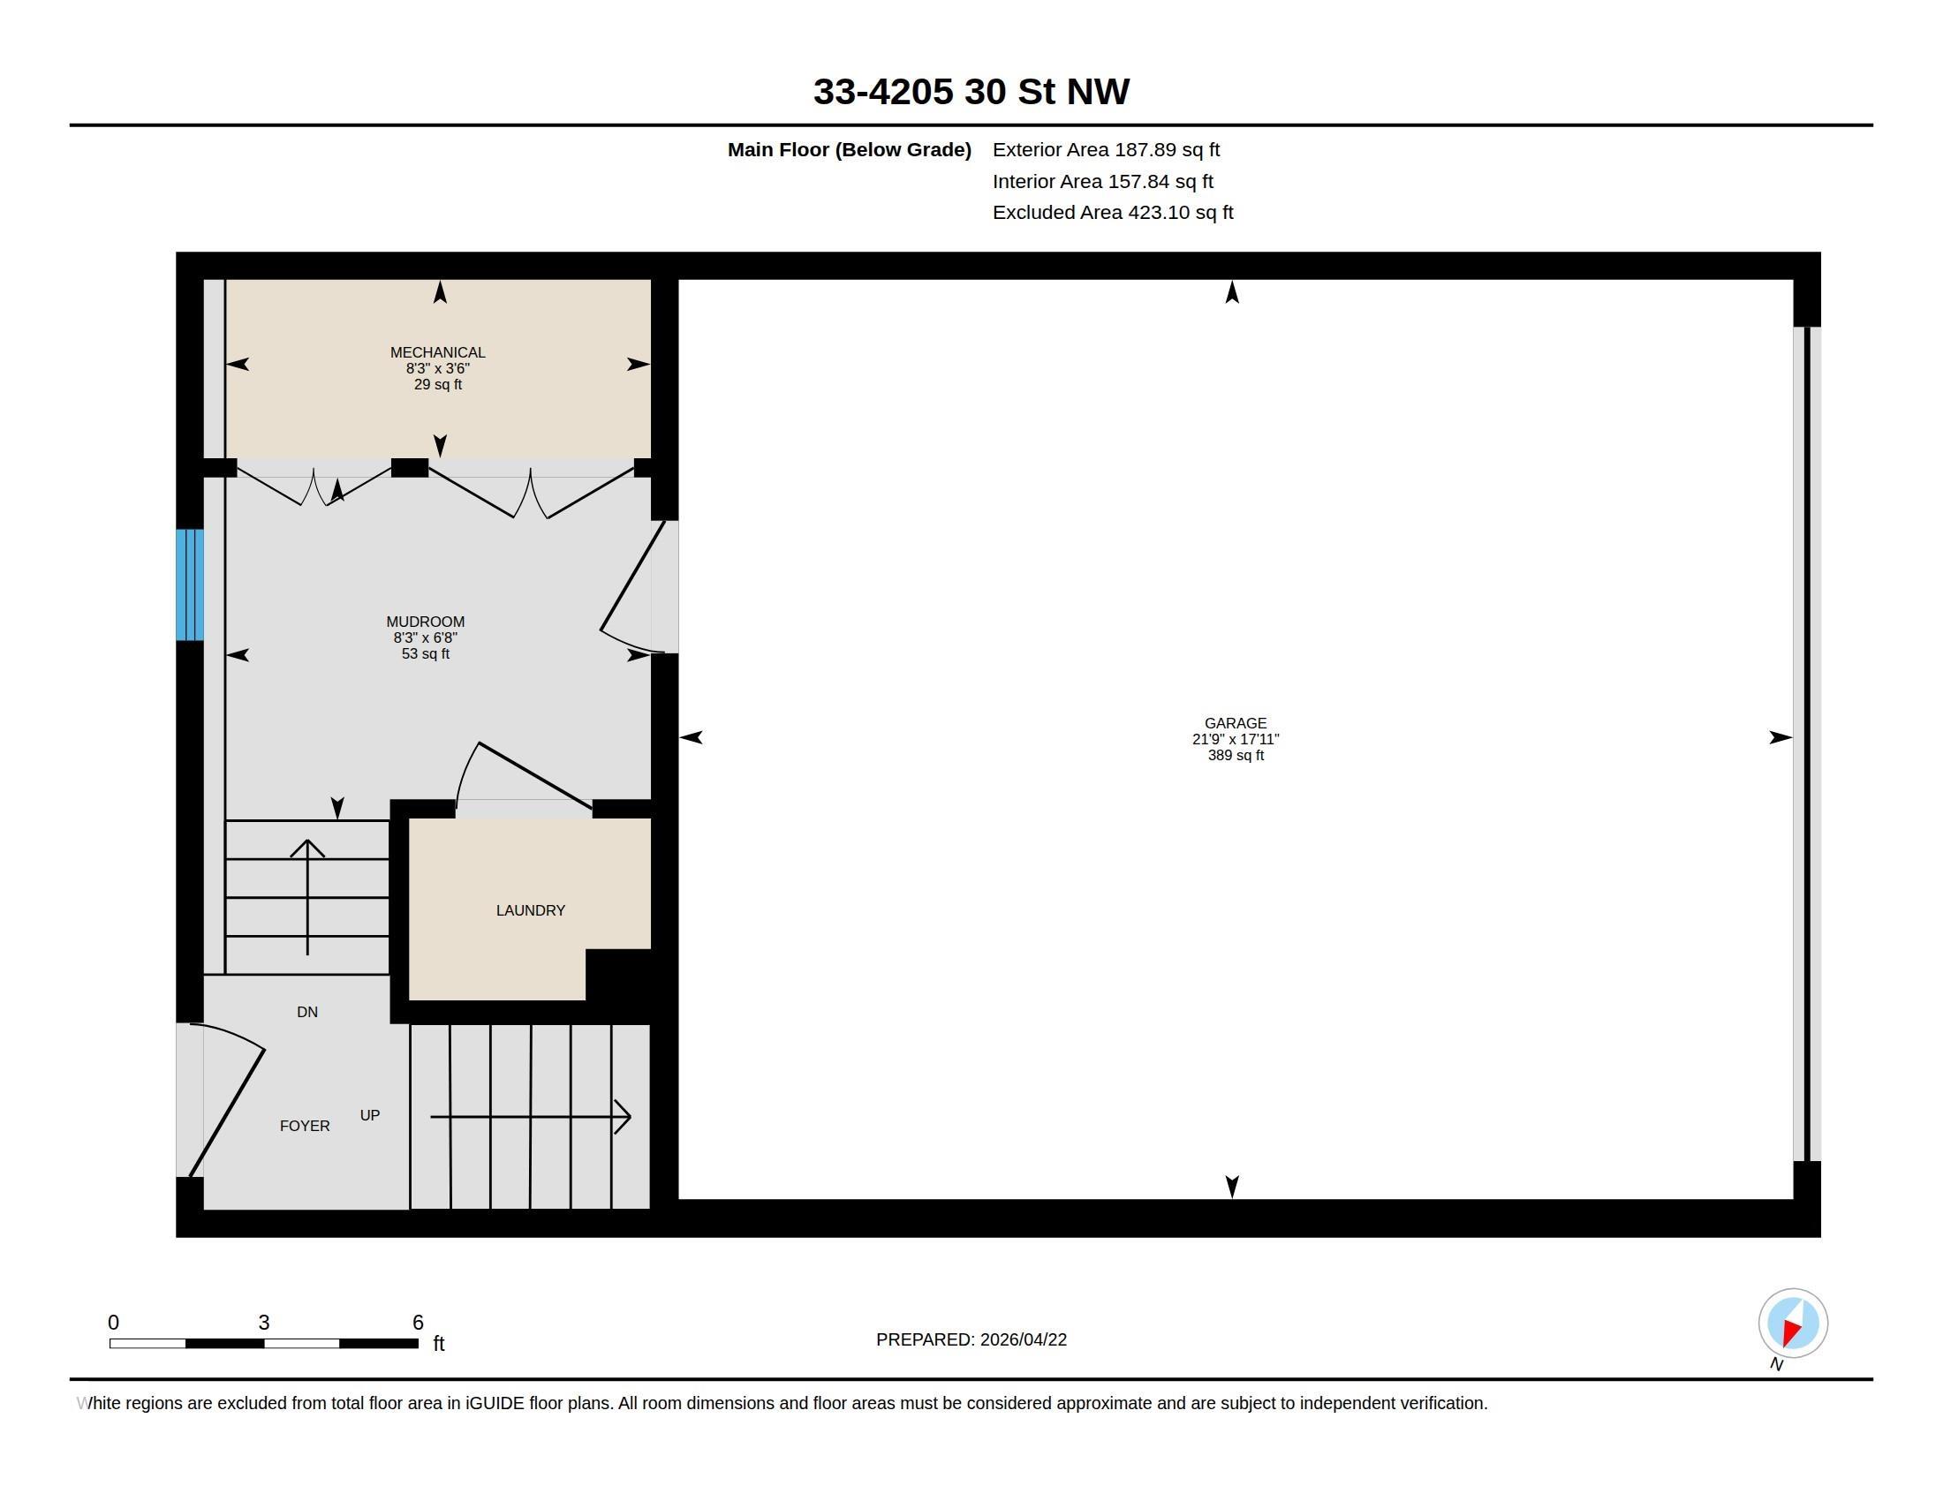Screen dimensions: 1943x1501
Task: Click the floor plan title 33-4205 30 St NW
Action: point(971,92)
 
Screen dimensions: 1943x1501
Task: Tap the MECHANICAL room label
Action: point(438,353)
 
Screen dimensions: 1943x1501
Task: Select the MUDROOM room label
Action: point(426,622)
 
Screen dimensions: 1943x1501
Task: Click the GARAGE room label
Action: point(1236,724)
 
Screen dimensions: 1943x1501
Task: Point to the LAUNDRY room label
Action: point(531,910)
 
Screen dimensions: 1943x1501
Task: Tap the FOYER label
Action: point(306,1126)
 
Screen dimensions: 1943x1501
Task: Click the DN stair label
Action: point(307,1012)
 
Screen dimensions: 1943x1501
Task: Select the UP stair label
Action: point(370,1115)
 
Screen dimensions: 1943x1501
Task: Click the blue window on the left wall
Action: point(190,585)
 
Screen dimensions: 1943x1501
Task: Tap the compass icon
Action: point(1793,1324)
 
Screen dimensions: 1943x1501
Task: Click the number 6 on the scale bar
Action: point(418,1323)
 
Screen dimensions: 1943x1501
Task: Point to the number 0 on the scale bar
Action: point(113,1323)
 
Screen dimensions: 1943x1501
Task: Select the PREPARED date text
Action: point(971,1340)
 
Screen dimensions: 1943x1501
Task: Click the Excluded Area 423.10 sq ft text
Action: point(1113,213)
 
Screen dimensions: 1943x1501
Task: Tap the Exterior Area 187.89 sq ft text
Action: point(1106,150)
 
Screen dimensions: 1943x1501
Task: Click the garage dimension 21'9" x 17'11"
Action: point(1236,740)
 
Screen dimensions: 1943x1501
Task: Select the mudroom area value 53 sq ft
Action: point(426,654)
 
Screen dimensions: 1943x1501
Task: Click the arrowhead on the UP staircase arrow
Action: point(624,1116)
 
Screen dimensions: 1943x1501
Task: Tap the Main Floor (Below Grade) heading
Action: point(850,150)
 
